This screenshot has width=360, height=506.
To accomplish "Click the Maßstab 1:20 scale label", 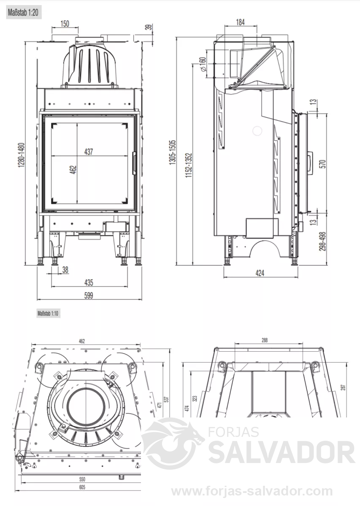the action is (24, 12).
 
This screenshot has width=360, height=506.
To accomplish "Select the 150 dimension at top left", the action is (65, 24).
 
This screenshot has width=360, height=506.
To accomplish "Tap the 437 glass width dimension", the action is (89, 151).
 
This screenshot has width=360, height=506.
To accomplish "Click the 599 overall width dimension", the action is (89, 296).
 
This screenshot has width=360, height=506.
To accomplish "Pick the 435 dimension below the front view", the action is (89, 283).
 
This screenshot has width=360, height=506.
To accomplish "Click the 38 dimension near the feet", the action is (65, 269).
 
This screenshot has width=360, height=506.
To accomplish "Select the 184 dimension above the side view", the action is (241, 22).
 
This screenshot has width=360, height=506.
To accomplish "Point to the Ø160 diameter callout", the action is (203, 65).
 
